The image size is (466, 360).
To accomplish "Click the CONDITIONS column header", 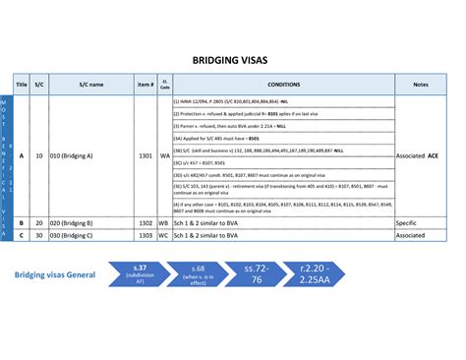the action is click(283, 85).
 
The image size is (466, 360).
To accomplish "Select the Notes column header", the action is click(421, 85).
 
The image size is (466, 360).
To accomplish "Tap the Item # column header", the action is click(146, 85).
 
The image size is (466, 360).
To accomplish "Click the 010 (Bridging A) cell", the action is click(71, 155).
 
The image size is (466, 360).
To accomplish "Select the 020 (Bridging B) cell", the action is click(71, 223).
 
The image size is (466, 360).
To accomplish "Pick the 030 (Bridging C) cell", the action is click(71, 236).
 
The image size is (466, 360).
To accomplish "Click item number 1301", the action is click(146, 155).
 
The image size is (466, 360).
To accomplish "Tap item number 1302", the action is click(146, 223).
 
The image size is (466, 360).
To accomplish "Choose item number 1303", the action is click(146, 236).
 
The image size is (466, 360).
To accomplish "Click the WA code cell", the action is click(165, 155).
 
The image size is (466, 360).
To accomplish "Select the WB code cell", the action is click(165, 223).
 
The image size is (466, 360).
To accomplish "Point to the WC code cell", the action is click(165, 236).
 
